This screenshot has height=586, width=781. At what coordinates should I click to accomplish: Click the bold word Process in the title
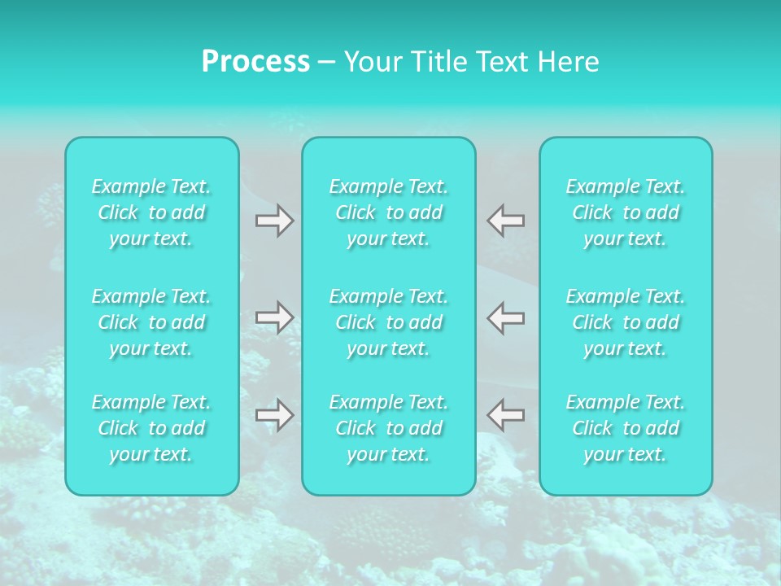tap(255, 62)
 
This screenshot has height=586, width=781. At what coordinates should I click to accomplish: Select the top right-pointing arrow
tap(275, 221)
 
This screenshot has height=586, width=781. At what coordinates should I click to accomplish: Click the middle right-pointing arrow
tap(275, 317)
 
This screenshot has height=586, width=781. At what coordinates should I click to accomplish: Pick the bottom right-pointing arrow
tap(275, 415)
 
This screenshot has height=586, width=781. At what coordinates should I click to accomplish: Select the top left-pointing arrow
tap(505, 221)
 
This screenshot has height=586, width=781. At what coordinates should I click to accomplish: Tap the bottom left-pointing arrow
tap(505, 415)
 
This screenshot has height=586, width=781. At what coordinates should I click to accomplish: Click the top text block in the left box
tap(151, 212)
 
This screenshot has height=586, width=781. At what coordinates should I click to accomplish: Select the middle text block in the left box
tap(151, 322)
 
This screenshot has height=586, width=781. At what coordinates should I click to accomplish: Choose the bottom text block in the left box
tap(151, 428)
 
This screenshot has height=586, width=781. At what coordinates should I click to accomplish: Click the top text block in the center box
tap(389, 212)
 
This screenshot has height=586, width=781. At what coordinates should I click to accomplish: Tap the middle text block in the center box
tap(389, 322)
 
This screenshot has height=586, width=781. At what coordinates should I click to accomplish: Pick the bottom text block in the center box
tap(389, 428)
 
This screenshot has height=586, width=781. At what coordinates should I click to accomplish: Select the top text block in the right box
tap(626, 212)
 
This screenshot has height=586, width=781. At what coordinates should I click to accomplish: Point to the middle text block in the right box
tap(626, 322)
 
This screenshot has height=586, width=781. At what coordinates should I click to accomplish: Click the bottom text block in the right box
tap(626, 428)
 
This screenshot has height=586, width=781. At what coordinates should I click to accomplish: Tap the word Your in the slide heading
tap(370, 62)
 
